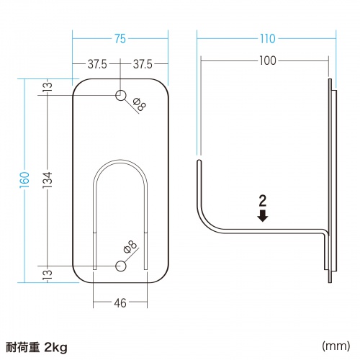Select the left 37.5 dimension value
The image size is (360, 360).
(97, 65)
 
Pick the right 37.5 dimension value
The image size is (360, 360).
(143, 65)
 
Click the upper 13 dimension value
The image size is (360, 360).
(48, 87)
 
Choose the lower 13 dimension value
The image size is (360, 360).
(48, 274)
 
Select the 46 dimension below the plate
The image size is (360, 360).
(120, 303)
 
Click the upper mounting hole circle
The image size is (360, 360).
(120, 95)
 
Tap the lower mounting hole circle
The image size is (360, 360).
(120, 266)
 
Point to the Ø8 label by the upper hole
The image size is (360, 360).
(140, 107)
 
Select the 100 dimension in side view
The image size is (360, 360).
(267, 60)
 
